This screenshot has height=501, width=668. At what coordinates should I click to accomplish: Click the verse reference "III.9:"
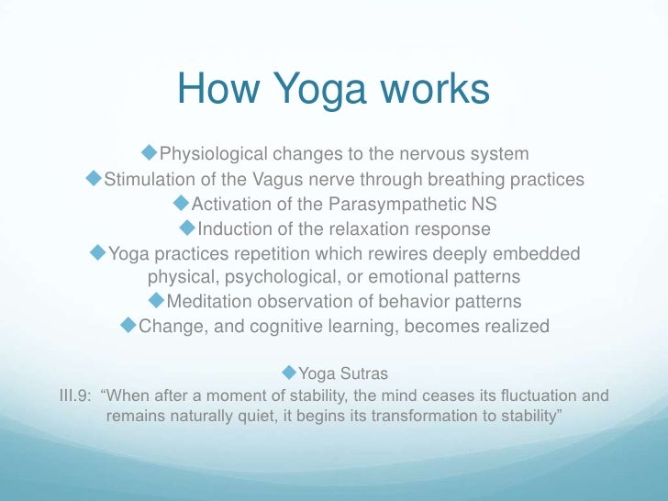pos(77,397)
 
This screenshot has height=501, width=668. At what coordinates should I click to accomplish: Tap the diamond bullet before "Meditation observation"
pos(156,299)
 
